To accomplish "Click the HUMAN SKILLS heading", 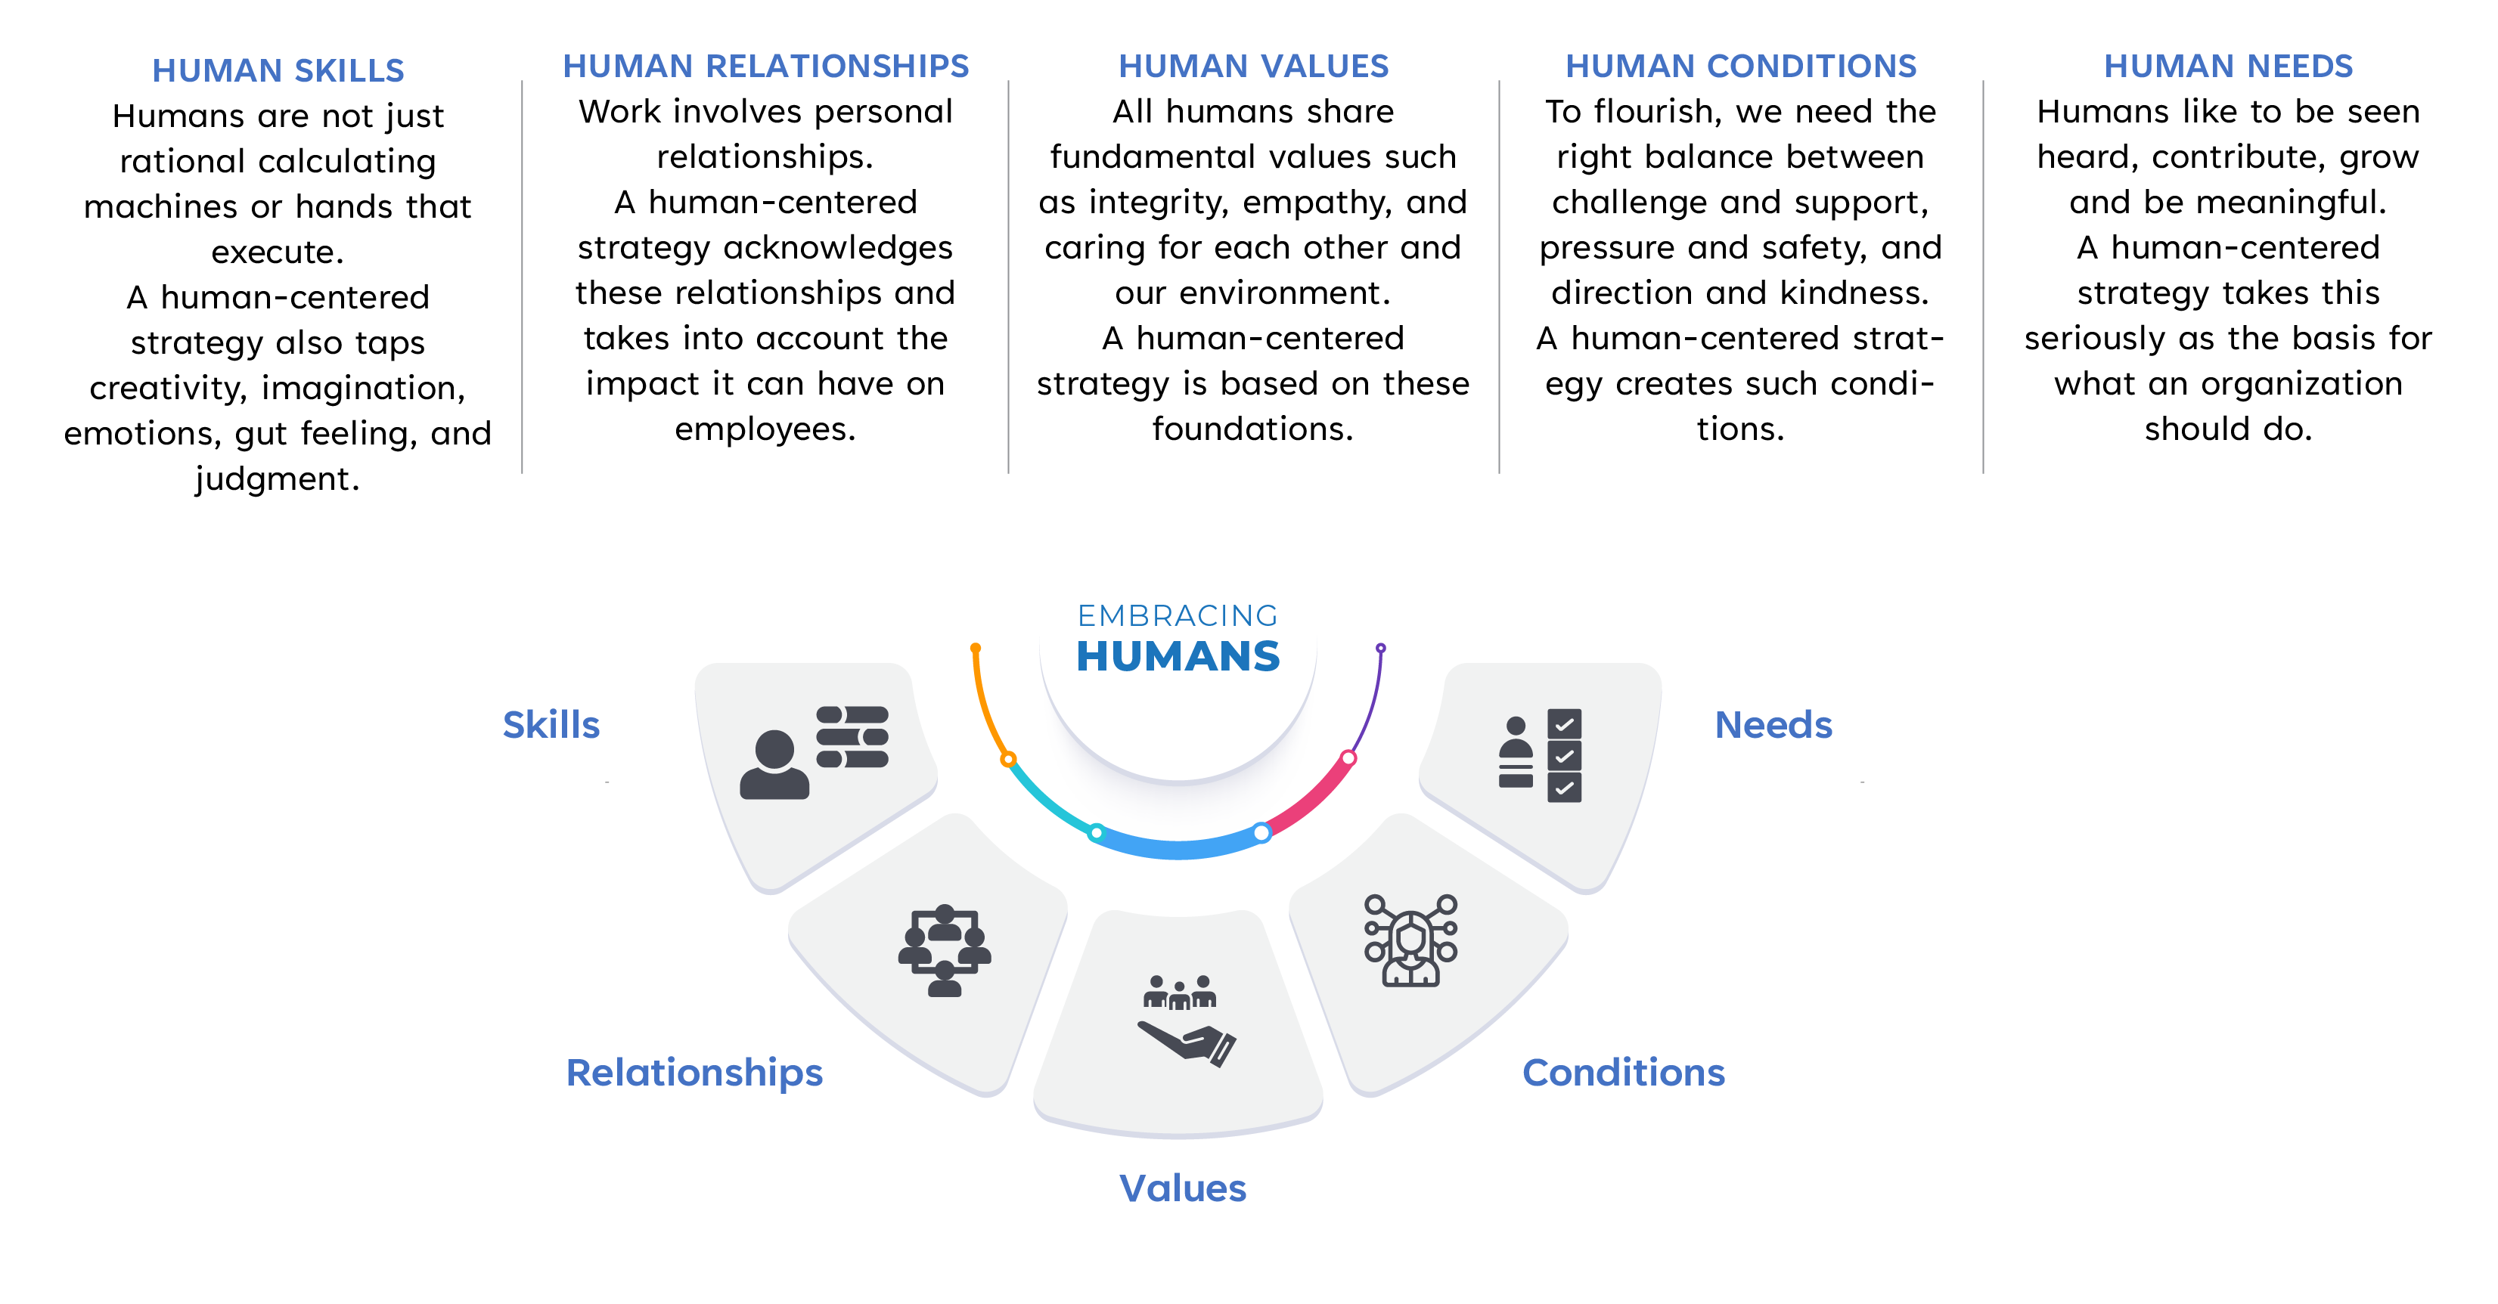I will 278,71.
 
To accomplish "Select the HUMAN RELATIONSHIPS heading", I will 766,66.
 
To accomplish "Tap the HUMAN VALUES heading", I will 1254,66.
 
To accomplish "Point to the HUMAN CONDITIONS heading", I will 1742,66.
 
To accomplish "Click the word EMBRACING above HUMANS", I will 1178,615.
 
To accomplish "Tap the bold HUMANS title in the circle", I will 1178,656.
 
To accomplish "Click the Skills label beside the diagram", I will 551,725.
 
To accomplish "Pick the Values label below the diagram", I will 1183,1188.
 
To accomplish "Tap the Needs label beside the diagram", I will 1773,725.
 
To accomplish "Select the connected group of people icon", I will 945,951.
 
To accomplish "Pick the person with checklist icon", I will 1540,755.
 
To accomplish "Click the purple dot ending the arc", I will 1381,648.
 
